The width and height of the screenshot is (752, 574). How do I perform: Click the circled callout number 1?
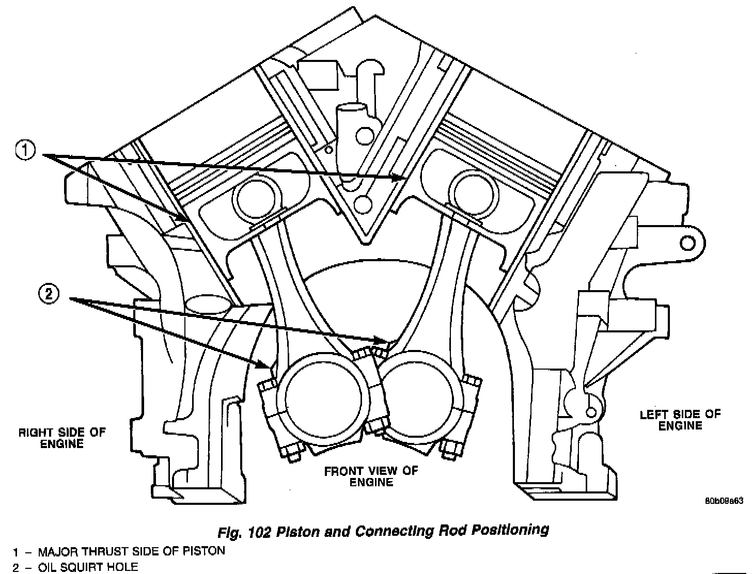pyautogui.click(x=25, y=151)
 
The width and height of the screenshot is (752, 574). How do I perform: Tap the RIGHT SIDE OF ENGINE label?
pyautogui.click(x=61, y=438)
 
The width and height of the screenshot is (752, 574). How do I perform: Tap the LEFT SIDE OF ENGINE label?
pyautogui.click(x=680, y=420)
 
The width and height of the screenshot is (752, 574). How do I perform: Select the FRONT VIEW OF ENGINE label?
pyautogui.click(x=371, y=476)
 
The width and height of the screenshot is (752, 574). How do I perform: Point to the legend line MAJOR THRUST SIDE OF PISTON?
pyautogui.click(x=119, y=551)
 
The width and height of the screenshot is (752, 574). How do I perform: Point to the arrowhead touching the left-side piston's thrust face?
pyautogui.click(x=401, y=178)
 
